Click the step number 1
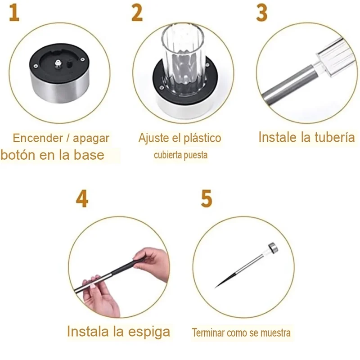[14, 13]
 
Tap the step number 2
[137, 13]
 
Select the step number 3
[262, 13]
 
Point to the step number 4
[82, 199]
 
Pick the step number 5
[207, 199]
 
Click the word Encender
[38, 138]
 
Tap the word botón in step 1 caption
[18, 155]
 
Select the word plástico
[202, 138]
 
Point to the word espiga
[149, 332]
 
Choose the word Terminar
[208, 333]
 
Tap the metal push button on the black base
[58, 63]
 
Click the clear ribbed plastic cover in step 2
[183, 58]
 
